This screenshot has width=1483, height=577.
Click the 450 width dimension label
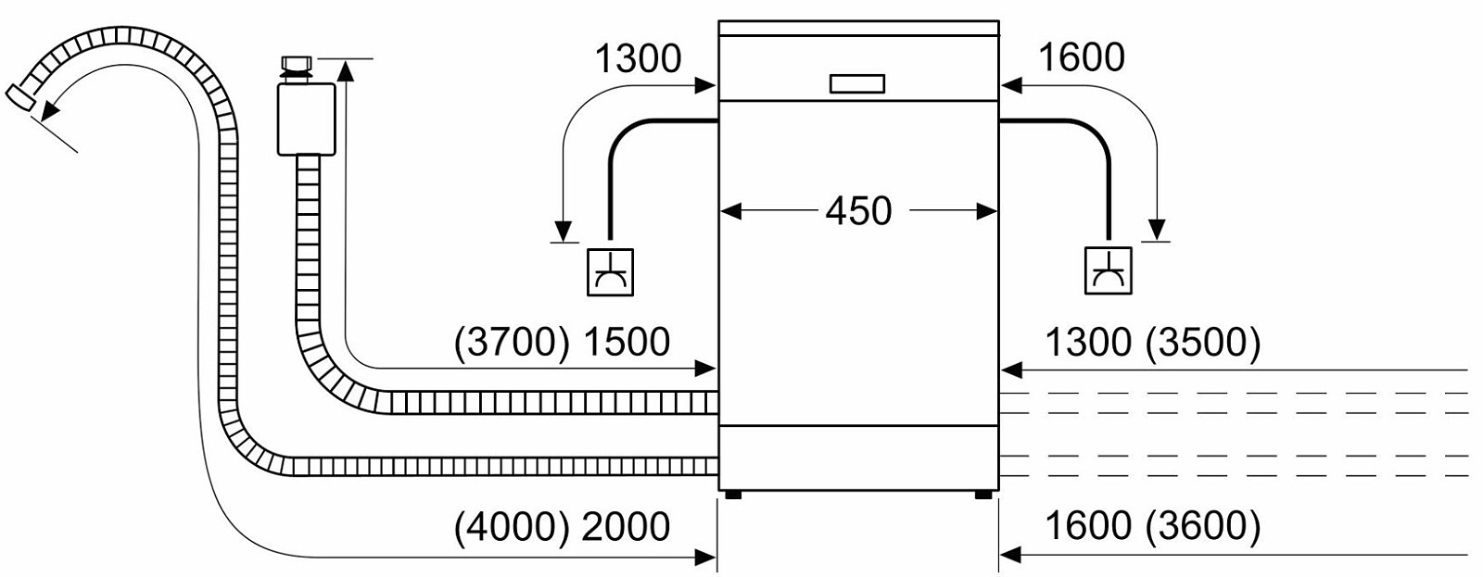click(858, 211)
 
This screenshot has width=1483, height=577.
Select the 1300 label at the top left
click(639, 58)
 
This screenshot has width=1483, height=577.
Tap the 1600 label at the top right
click(1082, 56)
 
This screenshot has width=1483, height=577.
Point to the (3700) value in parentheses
click(512, 343)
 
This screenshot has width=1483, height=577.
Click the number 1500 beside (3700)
click(627, 342)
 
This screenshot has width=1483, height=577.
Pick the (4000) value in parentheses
click(512, 527)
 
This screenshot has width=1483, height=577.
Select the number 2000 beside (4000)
click(627, 526)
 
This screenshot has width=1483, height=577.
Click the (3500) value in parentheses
click(1204, 343)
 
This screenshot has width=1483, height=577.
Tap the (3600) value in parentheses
click(1204, 526)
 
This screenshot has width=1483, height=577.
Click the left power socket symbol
click(611, 272)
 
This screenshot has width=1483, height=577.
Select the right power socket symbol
click(1109, 270)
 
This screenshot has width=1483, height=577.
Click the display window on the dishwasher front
click(857, 84)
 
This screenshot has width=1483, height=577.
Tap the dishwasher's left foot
click(733, 495)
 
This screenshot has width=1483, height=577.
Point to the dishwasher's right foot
click(983, 495)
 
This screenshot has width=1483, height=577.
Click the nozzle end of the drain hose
click(20, 97)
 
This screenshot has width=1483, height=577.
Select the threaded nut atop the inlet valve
click(298, 64)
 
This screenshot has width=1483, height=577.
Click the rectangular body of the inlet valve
click(306, 119)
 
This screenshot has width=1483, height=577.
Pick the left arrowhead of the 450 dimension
click(730, 212)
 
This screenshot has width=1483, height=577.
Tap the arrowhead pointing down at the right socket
click(1157, 230)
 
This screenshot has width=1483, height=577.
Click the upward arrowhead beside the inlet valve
click(346, 70)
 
